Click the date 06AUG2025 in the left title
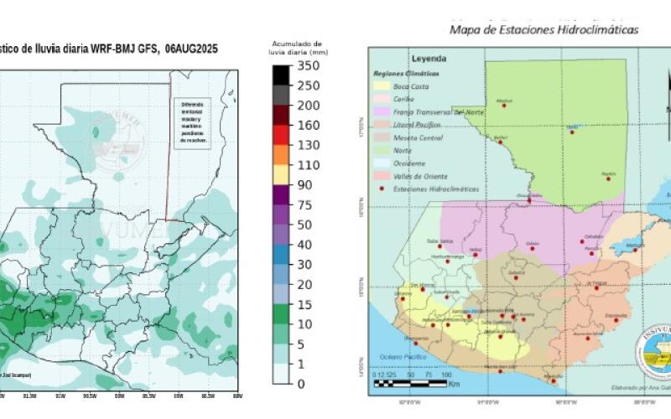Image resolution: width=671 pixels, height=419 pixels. click(x=191, y=49)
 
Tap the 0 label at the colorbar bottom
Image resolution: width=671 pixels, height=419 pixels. click(x=301, y=384)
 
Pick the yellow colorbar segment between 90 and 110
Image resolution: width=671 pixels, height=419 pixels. click(x=282, y=175)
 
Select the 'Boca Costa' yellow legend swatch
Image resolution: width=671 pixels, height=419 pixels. click(x=381, y=86)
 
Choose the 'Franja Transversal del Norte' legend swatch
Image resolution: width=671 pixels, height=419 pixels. click(x=381, y=111)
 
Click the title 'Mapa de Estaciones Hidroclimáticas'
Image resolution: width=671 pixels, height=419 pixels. click(x=544, y=29)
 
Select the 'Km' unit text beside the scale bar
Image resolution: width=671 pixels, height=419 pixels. click(x=453, y=385)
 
